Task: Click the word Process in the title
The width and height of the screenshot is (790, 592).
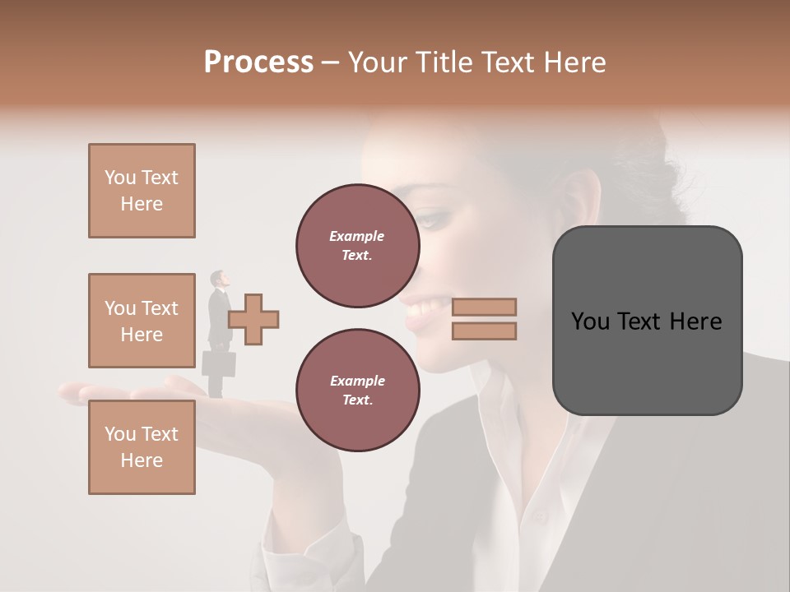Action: [258, 62]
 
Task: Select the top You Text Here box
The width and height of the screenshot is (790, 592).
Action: [142, 191]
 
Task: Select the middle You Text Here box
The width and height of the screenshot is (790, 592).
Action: [142, 321]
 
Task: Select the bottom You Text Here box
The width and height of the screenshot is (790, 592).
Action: [142, 447]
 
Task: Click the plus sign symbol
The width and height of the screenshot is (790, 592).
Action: [253, 319]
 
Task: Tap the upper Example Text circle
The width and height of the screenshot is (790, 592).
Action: [357, 245]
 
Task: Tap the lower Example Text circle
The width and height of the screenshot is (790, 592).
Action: [357, 390]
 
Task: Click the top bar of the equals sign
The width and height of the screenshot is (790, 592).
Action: [484, 307]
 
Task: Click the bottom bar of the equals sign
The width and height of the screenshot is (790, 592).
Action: [484, 331]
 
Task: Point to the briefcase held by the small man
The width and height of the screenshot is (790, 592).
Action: [219, 363]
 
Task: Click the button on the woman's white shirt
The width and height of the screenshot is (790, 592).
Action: [540, 518]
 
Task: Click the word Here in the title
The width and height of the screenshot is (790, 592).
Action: [573, 62]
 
